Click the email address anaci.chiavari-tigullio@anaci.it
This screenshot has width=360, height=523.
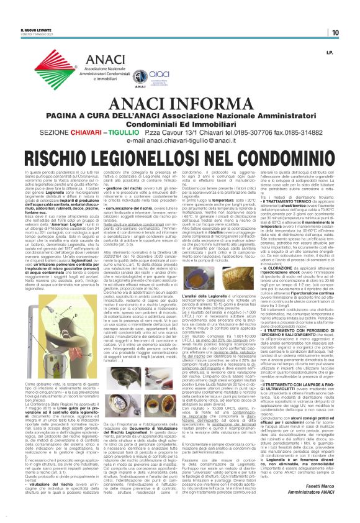(x=180, y=124)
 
